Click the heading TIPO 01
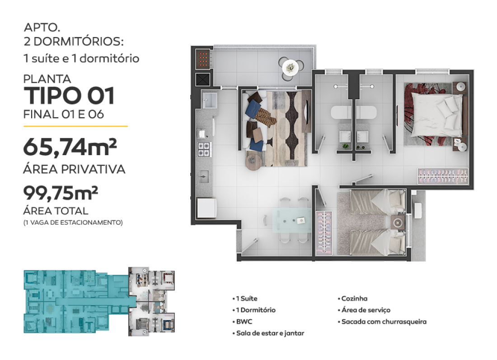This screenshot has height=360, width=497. [x=69, y=96]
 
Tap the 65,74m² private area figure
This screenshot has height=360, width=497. [x=70, y=147]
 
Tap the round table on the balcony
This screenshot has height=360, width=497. [x=290, y=67]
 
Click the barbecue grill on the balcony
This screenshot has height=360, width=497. [x=203, y=59]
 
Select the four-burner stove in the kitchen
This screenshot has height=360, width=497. [x=204, y=149]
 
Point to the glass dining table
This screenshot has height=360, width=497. [x=291, y=221]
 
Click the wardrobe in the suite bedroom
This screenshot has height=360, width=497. [x=443, y=176]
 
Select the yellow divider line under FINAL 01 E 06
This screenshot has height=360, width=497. [x=75, y=126]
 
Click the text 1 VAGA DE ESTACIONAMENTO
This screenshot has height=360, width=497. [x=73, y=223]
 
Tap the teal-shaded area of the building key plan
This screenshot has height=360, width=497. [x=76, y=301]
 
